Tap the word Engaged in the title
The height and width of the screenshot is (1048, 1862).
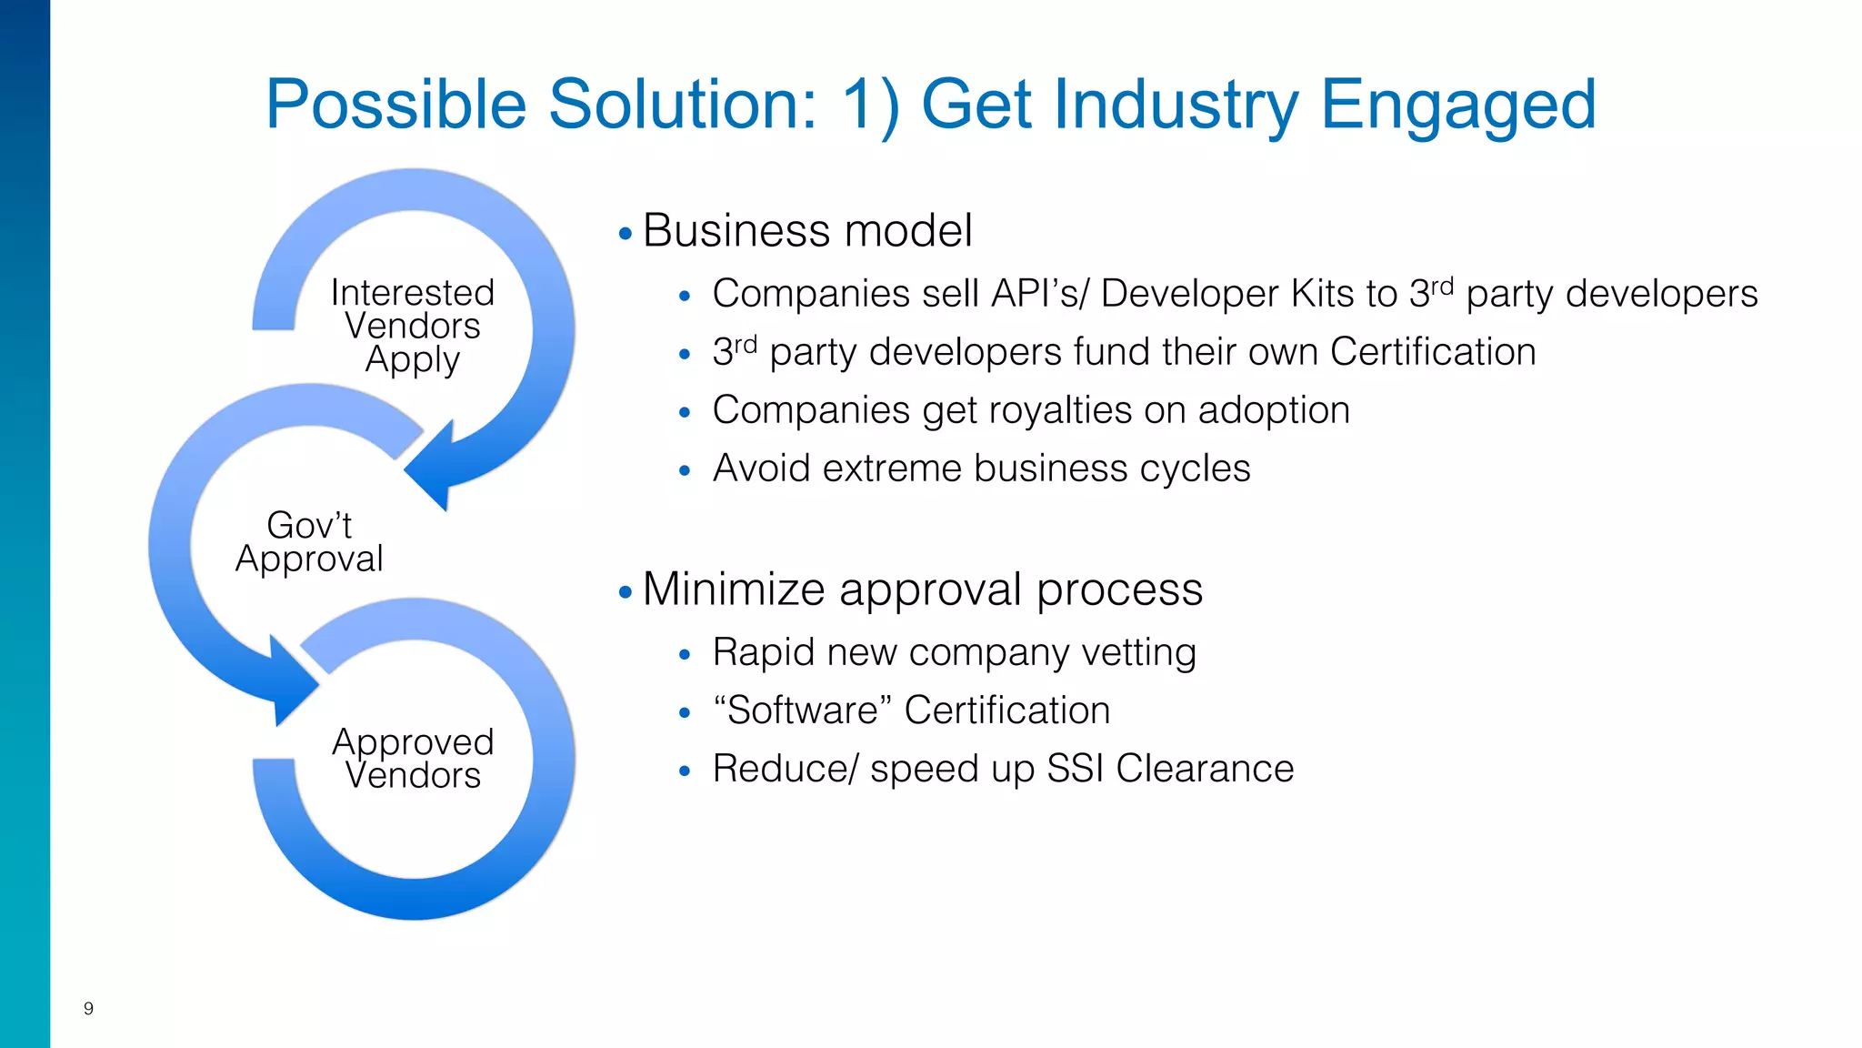(x=1458, y=105)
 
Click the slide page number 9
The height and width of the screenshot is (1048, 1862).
(x=88, y=1008)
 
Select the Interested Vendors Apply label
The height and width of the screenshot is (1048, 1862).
(x=413, y=326)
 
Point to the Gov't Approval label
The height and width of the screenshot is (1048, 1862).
(x=309, y=542)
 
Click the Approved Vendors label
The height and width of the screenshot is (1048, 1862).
(x=413, y=758)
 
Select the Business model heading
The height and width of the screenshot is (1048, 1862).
(x=807, y=230)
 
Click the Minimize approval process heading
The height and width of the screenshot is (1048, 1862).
(x=922, y=589)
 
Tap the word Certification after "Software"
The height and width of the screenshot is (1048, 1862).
(x=1007, y=710)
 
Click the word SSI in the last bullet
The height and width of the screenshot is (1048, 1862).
(x=1075, y=769)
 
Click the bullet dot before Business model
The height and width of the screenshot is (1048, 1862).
(x=625, y=234)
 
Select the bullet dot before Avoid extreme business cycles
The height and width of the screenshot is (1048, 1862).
(x=685, y=471)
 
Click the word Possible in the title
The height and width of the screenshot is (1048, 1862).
(x=395, y=105)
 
